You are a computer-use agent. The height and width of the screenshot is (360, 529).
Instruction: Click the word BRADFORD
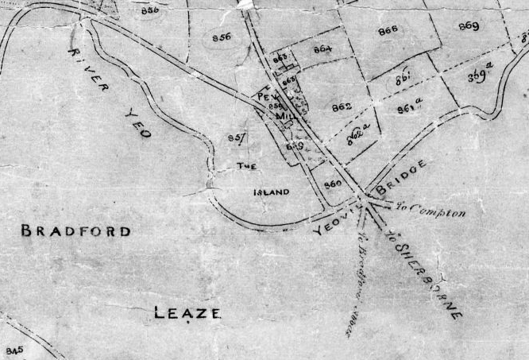[75, 231]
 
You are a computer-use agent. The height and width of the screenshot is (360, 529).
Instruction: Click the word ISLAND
[271, 192]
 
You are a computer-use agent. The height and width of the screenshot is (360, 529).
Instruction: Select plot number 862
[342, 106]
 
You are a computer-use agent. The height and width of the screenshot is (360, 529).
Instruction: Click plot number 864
[322, 49]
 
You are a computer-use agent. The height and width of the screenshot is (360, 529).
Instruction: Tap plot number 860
[333, 184]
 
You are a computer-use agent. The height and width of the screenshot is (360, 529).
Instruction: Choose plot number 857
[236, 138]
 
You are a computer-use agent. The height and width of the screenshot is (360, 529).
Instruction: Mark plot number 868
[388, 30]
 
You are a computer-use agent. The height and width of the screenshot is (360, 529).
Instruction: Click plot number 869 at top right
[469, 25]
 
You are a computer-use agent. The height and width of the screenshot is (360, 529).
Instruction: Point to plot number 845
[14, 350]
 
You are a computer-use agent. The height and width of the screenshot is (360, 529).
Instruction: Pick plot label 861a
[409, 104]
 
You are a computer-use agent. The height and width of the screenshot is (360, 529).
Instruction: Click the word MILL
[284, 116]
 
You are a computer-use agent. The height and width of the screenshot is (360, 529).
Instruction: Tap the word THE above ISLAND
[245, 166]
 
